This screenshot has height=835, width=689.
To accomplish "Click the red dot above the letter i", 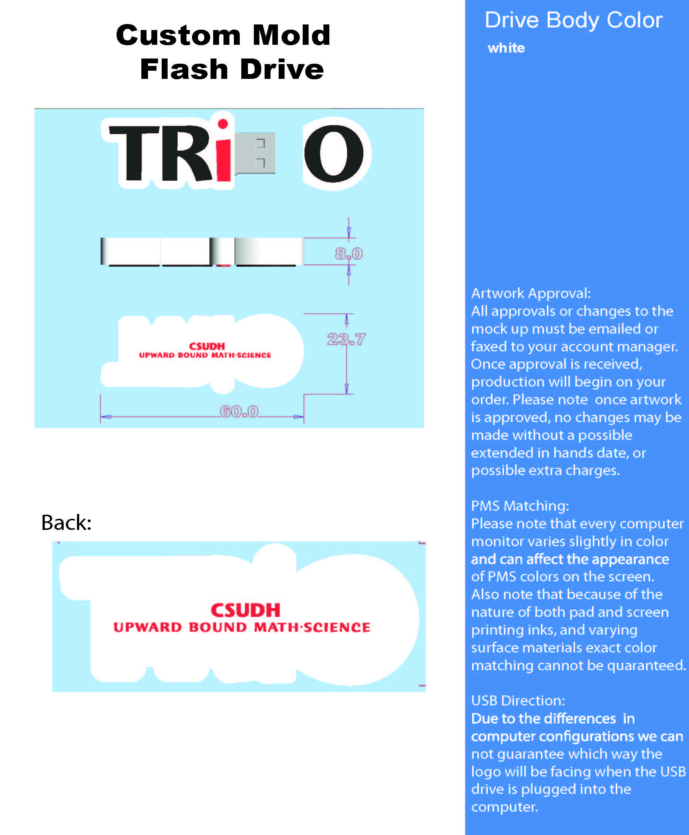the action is [x=223, y=124].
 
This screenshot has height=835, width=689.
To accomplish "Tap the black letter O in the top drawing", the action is [x=334, y=154].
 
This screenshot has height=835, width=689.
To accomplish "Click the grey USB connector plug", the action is [x=255, y=153].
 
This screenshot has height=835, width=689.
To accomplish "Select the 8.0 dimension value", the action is [x=349, y=253].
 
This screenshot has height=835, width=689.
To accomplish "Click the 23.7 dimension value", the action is [x=346, y=339].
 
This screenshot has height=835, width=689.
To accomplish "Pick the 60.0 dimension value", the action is [x=239, y=411].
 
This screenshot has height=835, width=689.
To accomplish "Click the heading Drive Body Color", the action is [x=574, y=20].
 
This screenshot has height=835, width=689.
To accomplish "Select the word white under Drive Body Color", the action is [x=506, y=48].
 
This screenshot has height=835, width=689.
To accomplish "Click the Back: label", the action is [x=66, y=522].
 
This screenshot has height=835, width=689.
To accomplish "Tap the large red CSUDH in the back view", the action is [x=245, y=610].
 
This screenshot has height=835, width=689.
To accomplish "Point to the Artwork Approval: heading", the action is [x=531, y=293].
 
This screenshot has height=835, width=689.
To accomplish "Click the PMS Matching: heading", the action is [x=520, y=506].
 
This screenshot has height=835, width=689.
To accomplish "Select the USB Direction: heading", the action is [x=518, y=700].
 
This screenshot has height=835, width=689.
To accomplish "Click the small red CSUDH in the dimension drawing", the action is [x=207, y=346].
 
